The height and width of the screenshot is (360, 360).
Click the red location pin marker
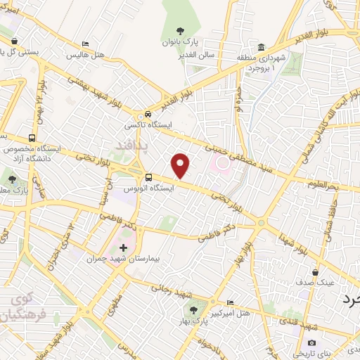[x=181, y=165]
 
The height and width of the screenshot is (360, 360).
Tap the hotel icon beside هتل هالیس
[x=86, y=44]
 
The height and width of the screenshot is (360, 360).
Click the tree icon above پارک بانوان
[x=181, y=30]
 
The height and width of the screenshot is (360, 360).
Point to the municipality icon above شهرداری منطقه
[x=261, y=47]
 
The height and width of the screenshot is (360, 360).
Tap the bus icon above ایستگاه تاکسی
[x=148, y=114]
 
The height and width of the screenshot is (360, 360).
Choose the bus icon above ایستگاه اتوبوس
[x=148, y=177]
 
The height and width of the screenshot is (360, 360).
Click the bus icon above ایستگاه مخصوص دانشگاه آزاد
[x=32, y=138]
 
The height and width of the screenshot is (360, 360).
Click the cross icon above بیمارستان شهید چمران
[x=124, y=247]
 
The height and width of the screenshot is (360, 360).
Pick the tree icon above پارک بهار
[x=191, y=309]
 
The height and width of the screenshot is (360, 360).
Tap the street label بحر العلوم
[x=323, y=184]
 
